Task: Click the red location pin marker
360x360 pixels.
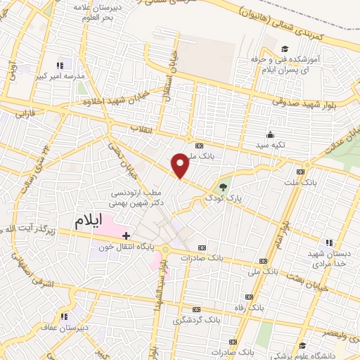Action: coord(181,165)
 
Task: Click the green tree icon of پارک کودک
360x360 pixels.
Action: coord(223,187)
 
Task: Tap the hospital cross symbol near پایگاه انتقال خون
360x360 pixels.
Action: coord(125,236)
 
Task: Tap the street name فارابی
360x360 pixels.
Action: coord(24,112)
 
